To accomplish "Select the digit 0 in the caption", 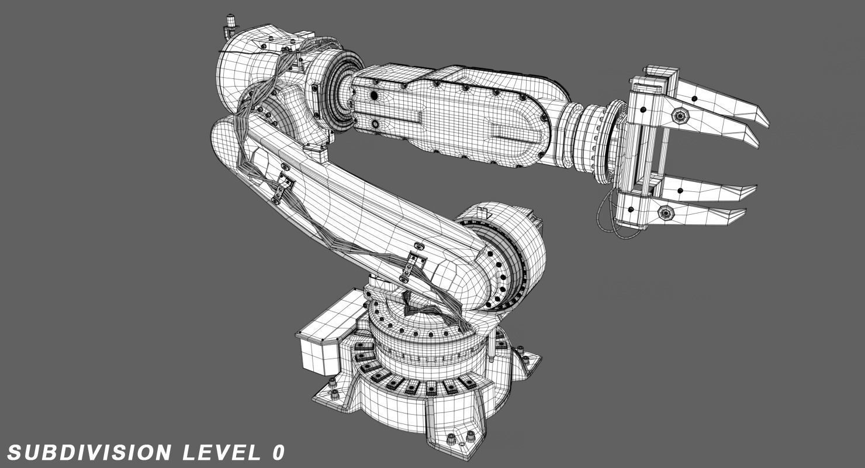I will coord(278,452).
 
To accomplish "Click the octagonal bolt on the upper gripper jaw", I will coord(680,116).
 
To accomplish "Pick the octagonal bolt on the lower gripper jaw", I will coord(666,213).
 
